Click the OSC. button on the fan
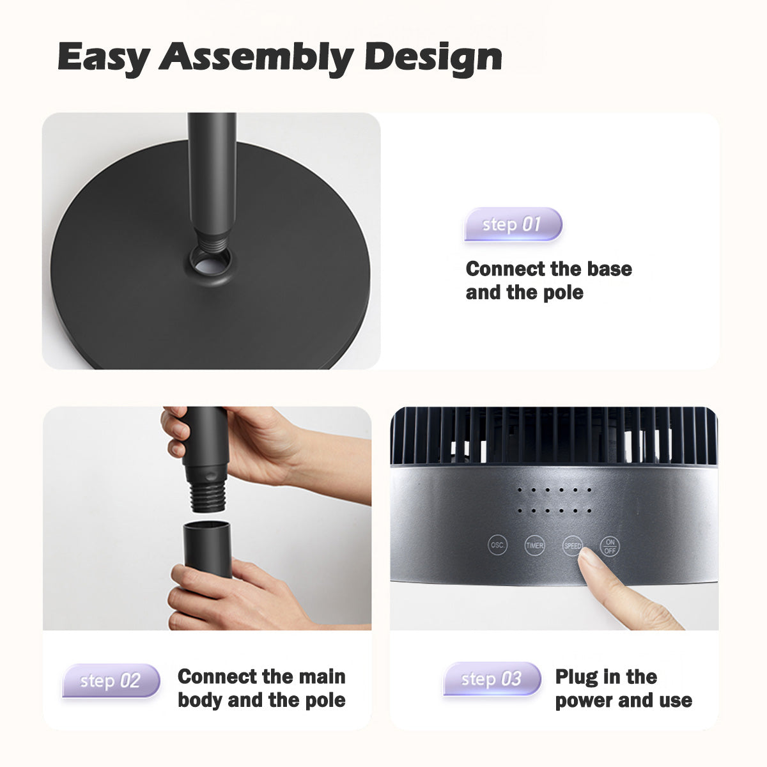pos(497,545)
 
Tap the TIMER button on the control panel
pos(534,545)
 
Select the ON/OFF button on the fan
pos(610,546)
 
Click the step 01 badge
pos(513,224)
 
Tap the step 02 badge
pos(111,681)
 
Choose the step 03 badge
pos(492,679)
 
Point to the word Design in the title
pos(433,58)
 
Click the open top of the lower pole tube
pos(207,527)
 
